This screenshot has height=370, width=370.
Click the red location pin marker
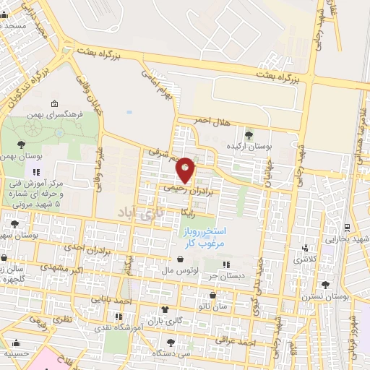click(x=186, y=171)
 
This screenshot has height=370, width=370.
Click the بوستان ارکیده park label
click(x=249, y=146)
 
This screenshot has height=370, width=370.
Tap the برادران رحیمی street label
click(x=188, y=189)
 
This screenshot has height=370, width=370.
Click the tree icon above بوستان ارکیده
click(x=249, y=134)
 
